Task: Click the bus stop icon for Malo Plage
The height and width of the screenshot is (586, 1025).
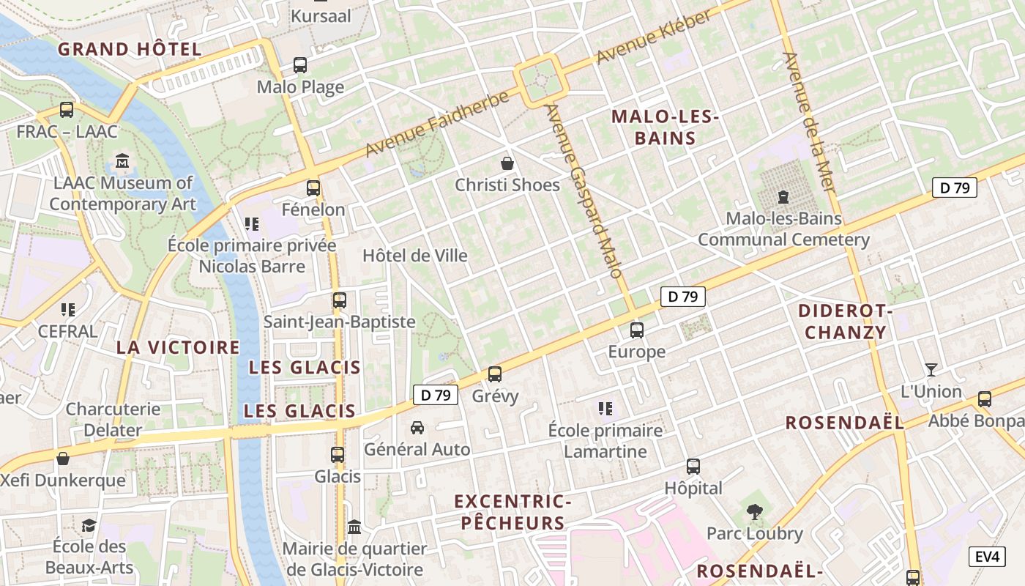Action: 300,65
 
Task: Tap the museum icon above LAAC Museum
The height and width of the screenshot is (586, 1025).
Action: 122,160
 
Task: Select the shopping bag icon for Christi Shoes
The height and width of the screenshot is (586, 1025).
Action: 507,163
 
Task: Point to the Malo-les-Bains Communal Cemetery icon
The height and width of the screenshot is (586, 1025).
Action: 783,196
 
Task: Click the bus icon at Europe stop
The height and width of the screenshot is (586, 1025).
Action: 637,330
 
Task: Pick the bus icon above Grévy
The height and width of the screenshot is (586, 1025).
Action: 495,374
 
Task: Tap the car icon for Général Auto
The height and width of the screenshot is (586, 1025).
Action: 417,427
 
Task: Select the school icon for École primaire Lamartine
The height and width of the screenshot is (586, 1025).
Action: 605,408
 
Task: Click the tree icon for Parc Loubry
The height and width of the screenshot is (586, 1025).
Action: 754,511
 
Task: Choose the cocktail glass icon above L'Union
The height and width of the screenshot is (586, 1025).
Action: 931,369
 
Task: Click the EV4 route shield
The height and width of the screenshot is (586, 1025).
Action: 987,557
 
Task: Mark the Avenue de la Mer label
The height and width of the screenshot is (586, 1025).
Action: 809,122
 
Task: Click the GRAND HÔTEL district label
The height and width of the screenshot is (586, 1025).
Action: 130,50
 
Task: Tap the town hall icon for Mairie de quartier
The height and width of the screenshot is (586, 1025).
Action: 354,527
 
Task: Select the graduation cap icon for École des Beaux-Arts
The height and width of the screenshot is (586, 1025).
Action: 89,524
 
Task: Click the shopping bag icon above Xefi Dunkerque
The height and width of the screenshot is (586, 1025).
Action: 63,459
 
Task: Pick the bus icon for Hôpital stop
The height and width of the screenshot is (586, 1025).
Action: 693,466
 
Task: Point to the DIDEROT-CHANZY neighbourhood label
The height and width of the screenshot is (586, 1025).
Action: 846,322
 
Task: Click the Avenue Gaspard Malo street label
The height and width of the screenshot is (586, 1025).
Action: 584,190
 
